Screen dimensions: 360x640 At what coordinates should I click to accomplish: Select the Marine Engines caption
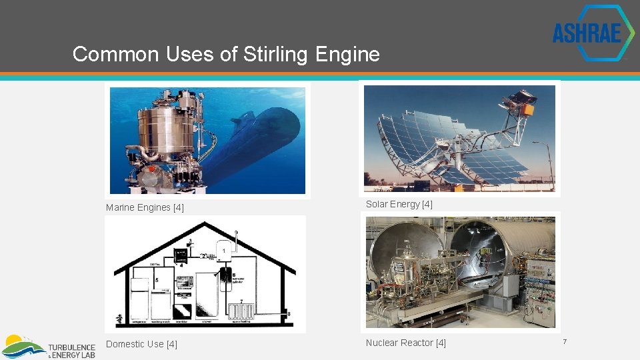point(145,207)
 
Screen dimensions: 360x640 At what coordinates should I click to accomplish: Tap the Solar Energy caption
point(399,204)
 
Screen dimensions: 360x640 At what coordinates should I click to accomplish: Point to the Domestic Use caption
point(141,344)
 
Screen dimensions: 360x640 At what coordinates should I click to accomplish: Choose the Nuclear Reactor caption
point(405,343)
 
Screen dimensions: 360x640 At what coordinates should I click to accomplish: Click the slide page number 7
point(564,342)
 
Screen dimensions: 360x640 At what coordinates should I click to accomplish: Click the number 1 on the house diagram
point(225,251)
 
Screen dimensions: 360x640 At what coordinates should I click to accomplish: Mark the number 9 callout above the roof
point(236,233)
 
